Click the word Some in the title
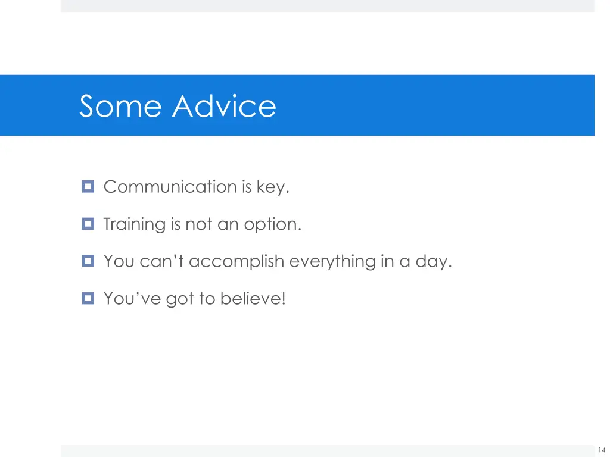120,107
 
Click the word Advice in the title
225,107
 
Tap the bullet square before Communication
88,187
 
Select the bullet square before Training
88,224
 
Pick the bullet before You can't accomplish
88,261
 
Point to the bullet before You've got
88,298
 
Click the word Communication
170,187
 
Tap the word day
433,262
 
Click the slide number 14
602,450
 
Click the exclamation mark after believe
284,298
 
